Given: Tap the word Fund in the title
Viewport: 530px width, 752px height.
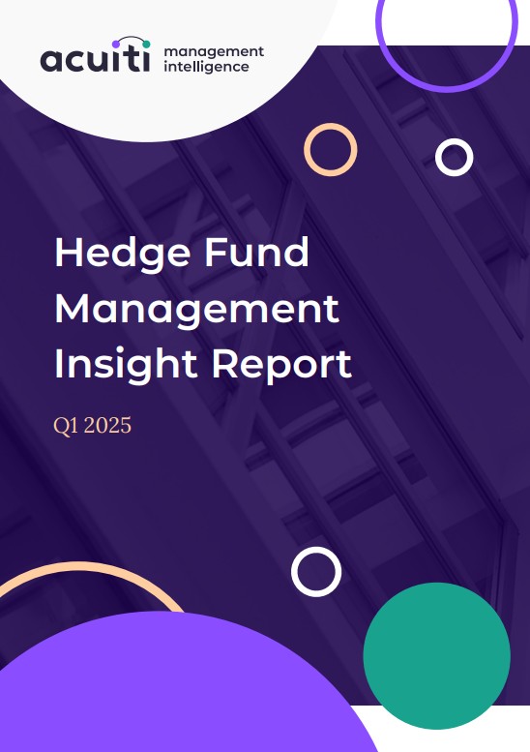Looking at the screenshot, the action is click(x=256, y=252).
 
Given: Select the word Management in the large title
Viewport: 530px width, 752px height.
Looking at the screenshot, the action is click(x=197, y=311).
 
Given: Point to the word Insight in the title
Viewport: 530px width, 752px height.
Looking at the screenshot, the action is click(x=126, y=365).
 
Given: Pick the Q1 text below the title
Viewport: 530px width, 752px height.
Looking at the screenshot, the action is click(x=66, y=426).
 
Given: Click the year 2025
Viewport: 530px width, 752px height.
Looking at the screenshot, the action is click(x=107, y=425).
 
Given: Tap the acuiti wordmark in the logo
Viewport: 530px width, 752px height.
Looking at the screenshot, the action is click(x=95, y=59).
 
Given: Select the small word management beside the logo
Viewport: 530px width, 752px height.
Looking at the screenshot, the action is click(x=214, y=52).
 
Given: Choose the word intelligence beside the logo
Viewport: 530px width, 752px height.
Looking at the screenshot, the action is click(x=206, y=66).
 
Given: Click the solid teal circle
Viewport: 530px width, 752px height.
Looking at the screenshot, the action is click(x=436, y=655).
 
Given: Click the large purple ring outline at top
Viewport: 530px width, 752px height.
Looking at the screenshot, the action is click(x=447, y=89).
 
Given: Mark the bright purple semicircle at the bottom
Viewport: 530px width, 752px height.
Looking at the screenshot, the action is click(x=182, y=686).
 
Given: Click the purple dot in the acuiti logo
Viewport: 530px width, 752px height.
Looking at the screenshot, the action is click(x=116, y=45).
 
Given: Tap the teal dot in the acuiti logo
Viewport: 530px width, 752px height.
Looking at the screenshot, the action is click(x=146, y=45).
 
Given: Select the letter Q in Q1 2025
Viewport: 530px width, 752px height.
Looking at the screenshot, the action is click(x=61, y=426).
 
